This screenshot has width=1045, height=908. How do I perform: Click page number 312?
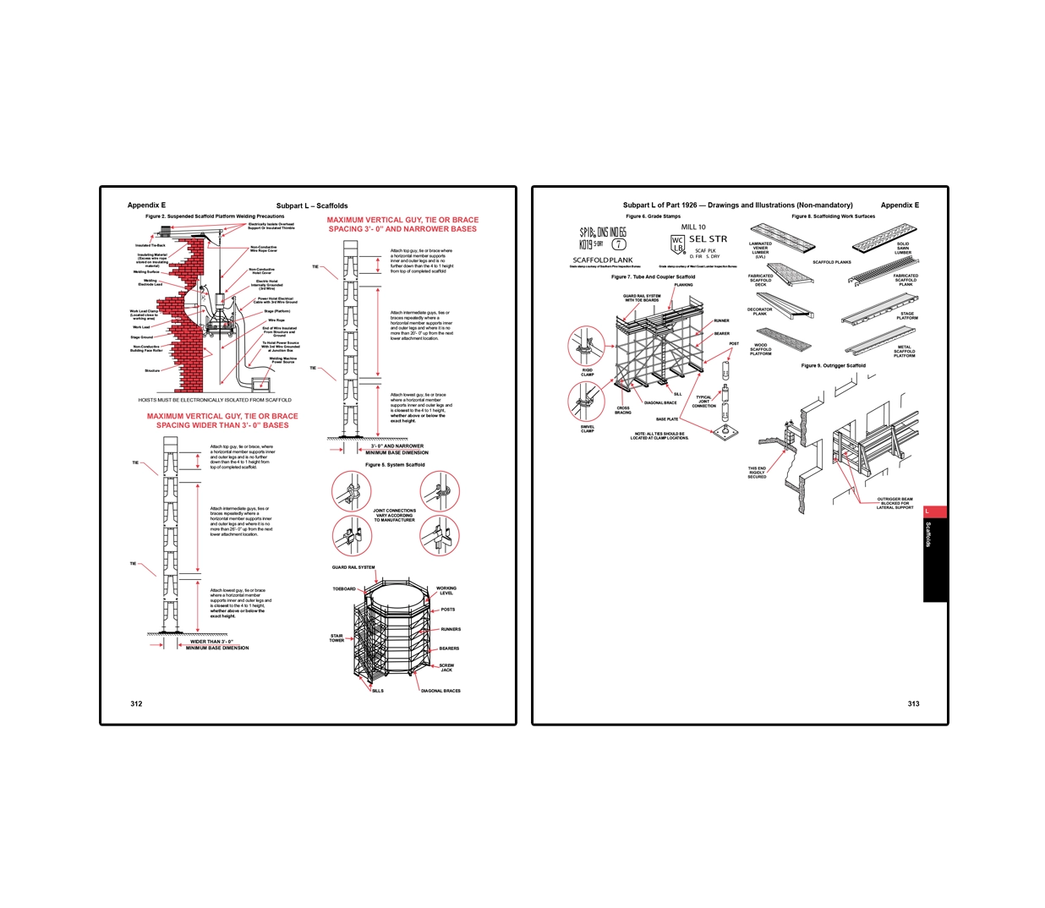coord(136,703)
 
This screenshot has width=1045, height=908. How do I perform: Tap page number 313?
coord(913,703)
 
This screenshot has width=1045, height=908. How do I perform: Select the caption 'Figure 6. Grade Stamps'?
coord(653,216)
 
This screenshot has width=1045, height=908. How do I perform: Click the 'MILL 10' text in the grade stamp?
coord(693,227)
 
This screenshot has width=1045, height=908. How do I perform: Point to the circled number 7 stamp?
coord(619,244)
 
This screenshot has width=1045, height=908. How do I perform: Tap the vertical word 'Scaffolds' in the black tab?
coord(928,535)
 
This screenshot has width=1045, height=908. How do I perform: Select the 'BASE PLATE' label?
coord(667,419)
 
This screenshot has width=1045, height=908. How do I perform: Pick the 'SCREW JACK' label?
coord(446,667)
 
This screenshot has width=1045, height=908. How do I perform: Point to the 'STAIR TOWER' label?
coord(336,638)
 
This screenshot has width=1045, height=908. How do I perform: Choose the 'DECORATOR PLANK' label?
coord(760,311)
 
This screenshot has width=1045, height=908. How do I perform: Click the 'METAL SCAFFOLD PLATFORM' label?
coord(904,351)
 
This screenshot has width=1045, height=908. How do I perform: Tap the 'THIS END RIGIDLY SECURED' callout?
coord(757,473)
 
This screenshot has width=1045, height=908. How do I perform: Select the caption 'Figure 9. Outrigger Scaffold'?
coord(833,366)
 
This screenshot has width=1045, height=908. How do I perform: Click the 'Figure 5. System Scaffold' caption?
coord(395,465)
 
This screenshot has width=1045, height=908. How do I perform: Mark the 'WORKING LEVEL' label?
coord(446,589)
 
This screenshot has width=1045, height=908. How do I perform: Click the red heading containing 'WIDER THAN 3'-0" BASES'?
coord(222,420)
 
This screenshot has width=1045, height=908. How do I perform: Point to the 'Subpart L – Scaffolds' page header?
coord(312,205)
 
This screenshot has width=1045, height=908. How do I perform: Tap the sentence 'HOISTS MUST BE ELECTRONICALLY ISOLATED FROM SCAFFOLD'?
coord(215,400)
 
